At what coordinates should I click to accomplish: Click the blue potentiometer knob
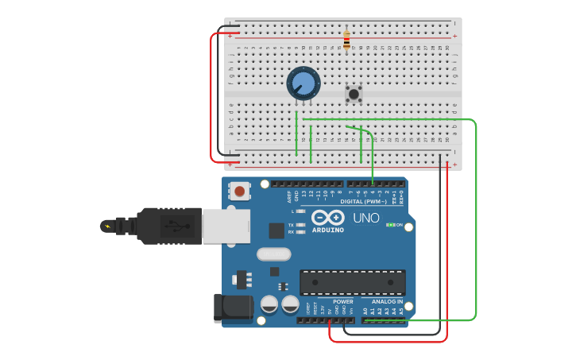(303, 83)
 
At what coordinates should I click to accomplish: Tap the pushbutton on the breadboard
(354, 94)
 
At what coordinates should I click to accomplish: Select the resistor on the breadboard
(346, 39)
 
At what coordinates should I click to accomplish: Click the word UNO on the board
(365, 218)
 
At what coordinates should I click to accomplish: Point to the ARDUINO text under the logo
(328, 230)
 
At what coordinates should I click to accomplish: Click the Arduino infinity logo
(327, 218)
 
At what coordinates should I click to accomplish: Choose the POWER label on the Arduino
(342, 302)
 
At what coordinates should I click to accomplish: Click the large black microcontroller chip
(352, 282)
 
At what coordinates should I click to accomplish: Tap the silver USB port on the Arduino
(226, 226)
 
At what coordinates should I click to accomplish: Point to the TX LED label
(292, 225)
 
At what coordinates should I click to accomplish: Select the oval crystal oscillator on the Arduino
(274, 254)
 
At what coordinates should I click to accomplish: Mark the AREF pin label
(289, 195)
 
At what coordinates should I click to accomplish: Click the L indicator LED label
(292, 211)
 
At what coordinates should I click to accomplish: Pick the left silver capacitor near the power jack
(269, 304)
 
